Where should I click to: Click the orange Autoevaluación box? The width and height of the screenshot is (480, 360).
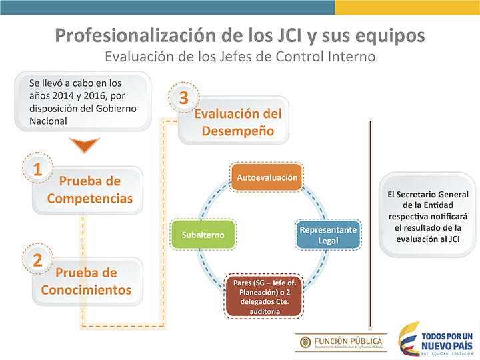coord(267,177)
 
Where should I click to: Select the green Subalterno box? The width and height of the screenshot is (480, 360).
coord(203,235)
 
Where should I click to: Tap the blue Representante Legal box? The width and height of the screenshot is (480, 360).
coord(328,235)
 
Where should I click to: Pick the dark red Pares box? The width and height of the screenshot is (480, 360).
coord(265,296)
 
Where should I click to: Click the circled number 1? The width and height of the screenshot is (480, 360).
coord(37,168)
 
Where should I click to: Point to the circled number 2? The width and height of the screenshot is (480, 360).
coord(37,259)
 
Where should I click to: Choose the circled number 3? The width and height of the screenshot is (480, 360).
coord(184,97)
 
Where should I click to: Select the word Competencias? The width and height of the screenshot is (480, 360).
coord(90,199)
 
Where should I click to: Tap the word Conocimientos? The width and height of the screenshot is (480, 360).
coord(86,290)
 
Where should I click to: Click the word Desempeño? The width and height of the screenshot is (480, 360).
coord(238,131)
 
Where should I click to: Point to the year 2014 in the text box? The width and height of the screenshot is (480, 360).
coord(63,96)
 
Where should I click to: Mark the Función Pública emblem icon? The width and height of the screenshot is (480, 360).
coord(305,342)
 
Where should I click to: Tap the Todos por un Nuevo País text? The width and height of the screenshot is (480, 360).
coord(447,341)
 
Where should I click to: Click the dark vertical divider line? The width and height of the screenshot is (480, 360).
coord(370,224)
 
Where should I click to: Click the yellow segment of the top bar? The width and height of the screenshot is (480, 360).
coord(407,7)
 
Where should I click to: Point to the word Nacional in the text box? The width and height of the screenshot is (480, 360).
coord(48,121)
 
